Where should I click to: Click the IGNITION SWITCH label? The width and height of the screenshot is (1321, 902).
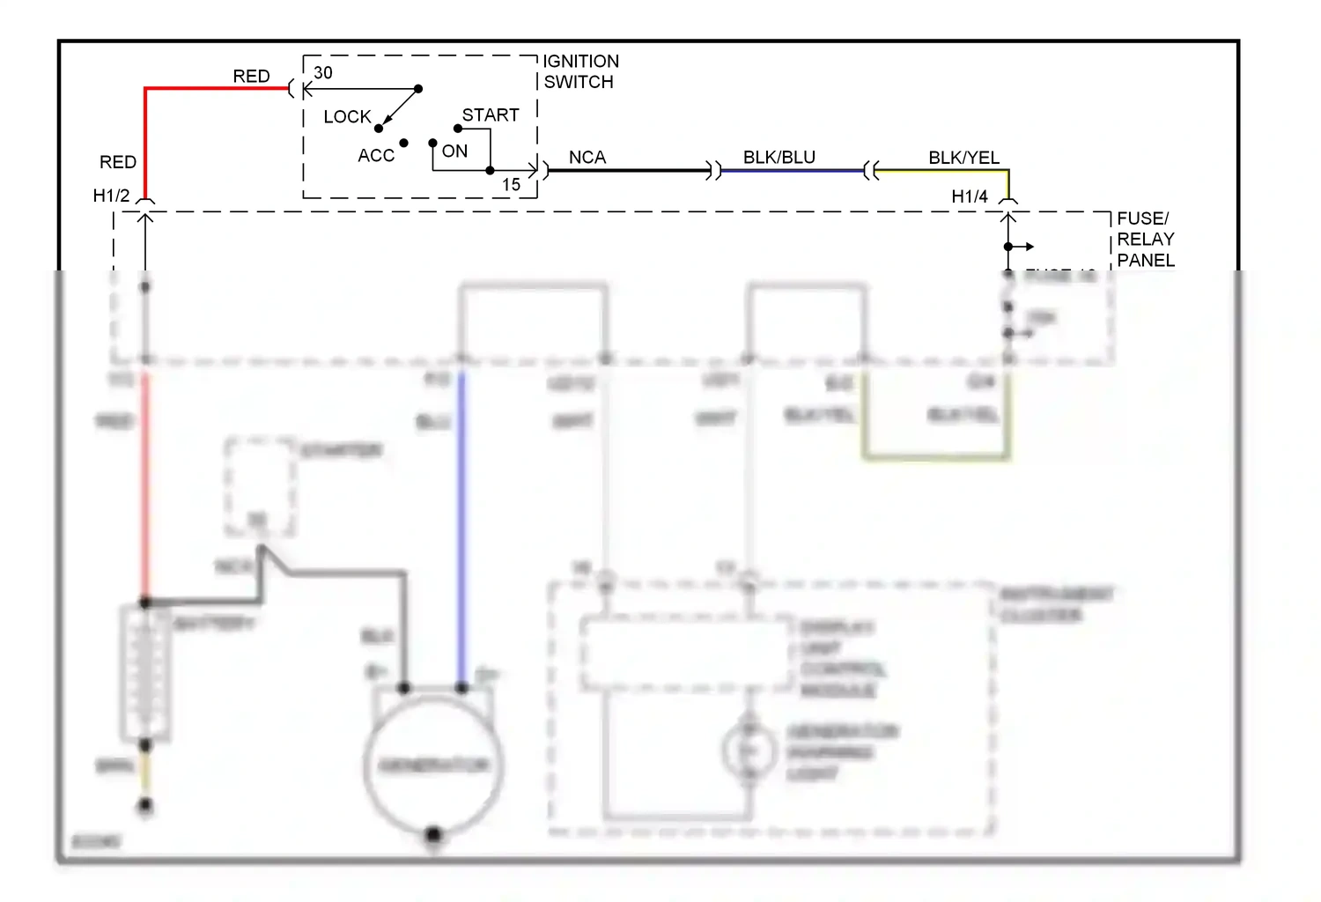click(x=579, y=71)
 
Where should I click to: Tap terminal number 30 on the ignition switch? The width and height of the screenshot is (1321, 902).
click(x=323, y=73)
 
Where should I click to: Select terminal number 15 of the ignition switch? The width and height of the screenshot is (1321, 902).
click(x=511, y=185)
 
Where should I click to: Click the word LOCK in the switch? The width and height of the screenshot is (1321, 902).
click(x=347, y=116)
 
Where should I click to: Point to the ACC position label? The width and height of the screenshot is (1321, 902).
click(x=376, y=156)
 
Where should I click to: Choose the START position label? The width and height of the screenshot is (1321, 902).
click(x=491, y=115)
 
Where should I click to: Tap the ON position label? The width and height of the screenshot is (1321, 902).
click(x=454, y=152)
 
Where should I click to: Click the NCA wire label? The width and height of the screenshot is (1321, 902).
click(x=587, y=158)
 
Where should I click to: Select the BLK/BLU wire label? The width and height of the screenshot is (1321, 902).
click(x=779, y=158)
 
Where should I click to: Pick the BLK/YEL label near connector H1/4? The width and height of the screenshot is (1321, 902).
click(x=963, y=158)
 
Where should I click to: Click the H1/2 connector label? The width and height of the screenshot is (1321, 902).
click(x=111, y=196)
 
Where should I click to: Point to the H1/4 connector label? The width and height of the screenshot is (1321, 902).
click(x=969, y=196)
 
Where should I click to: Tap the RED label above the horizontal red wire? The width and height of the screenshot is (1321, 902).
click(x=251, y=77)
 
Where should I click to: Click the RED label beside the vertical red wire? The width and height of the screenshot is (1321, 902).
click(x=118, y=162)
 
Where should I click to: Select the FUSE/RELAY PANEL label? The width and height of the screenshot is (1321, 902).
click(x=1145, y=239)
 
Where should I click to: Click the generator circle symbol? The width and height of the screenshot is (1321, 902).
click(x=433, y=764)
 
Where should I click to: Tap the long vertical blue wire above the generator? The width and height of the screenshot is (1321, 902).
click(x=461, y=529)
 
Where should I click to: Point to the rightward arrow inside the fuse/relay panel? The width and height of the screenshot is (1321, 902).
click(x=1023, y=247)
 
